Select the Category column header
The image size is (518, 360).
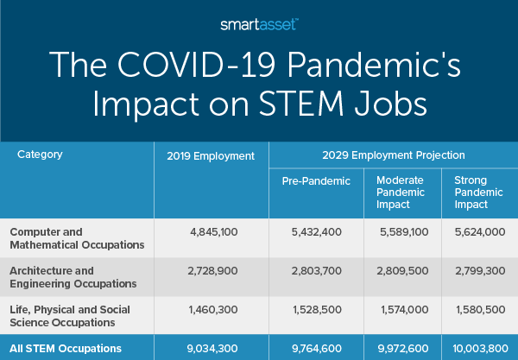tap(40, 155)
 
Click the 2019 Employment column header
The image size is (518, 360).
tap(211, 156)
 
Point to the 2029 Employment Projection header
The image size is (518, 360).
tap(393, 155)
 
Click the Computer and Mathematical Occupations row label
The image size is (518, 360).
tap(76, 237)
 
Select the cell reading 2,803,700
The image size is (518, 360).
tap(317, 269)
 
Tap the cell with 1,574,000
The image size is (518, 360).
tap(400, 308)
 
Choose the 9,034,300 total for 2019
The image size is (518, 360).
tap(211, 348)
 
